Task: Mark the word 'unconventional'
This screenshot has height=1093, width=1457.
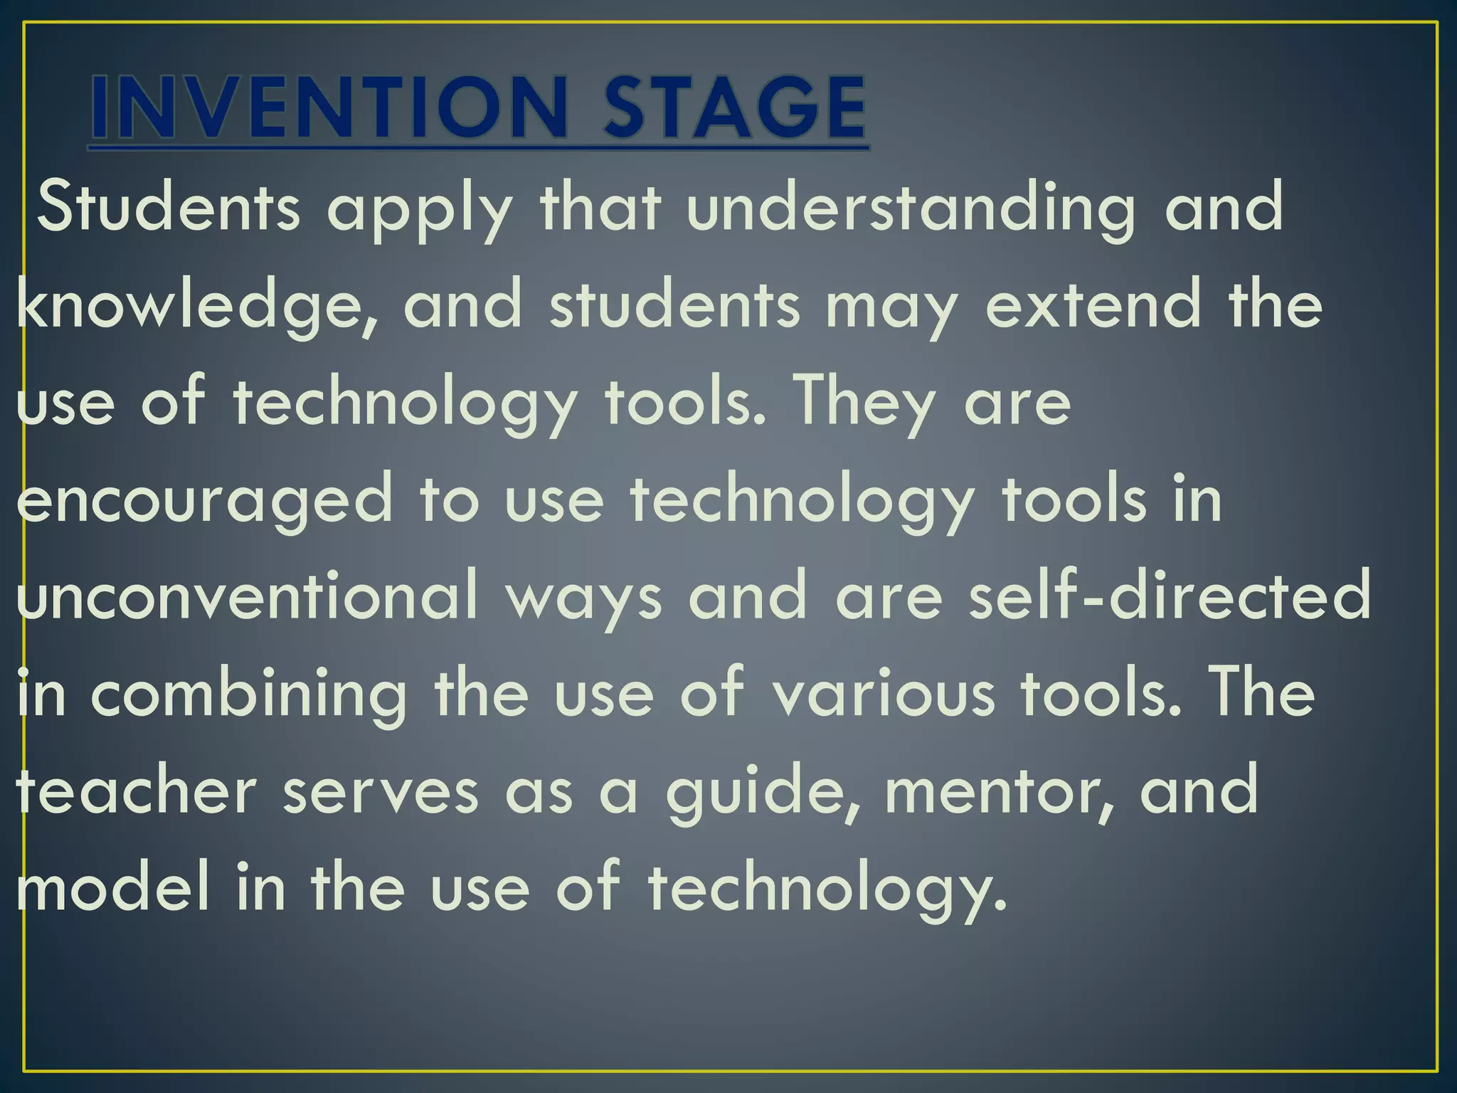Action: coord(246,596)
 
